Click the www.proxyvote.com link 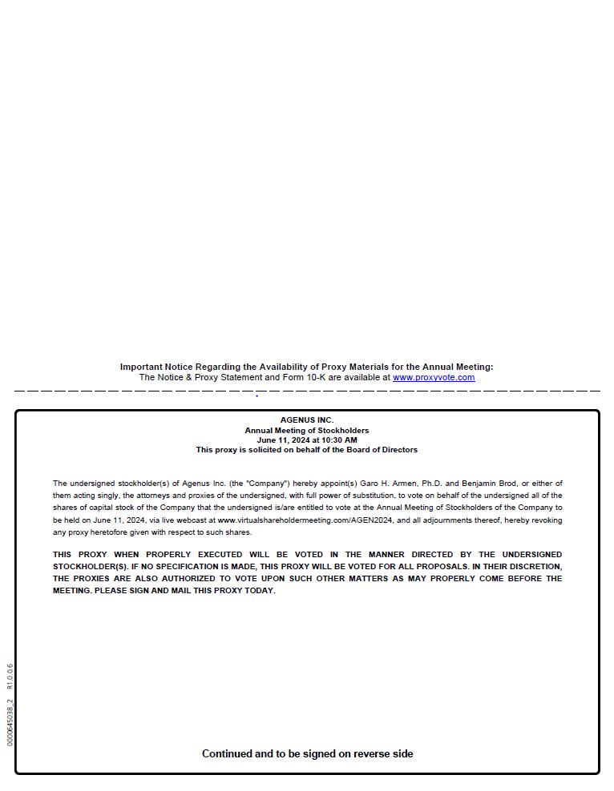[433, 378]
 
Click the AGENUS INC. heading [307, 420]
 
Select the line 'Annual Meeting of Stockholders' [307, 431]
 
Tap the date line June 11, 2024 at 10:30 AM [307, 440]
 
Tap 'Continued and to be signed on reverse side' [307, 754]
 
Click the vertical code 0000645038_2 [10, 723]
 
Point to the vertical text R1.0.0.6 [10, 677]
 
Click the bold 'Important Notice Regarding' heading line [307, 367]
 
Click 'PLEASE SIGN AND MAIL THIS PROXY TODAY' [185, 591]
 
